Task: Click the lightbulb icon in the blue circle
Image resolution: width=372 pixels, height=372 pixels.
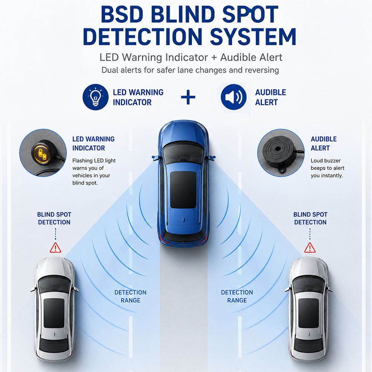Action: coord(95,97)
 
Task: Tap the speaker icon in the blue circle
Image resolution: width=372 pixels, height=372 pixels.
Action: coord(234,97)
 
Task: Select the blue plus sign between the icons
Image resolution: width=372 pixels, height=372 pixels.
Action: coord(188,97)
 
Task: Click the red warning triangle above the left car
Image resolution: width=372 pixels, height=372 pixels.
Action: coord(55,248)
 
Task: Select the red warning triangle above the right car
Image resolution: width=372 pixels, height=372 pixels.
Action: coord(310,248)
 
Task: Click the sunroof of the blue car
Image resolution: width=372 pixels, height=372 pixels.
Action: coord(183,190)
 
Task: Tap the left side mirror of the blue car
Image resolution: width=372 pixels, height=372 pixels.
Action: coord(155,157)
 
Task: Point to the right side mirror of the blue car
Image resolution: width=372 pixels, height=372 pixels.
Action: coord(212,157)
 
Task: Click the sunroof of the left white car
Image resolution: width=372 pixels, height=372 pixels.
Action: coord(54,313)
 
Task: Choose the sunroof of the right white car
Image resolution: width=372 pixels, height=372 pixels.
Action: coord(308,313)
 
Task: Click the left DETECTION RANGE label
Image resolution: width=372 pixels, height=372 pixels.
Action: coord(131,296)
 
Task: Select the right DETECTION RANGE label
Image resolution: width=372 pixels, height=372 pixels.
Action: coord(237,296)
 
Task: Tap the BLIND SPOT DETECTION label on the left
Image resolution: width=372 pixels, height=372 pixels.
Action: coord(54,218)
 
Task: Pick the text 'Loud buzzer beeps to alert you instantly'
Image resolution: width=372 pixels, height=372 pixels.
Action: coord(327,168)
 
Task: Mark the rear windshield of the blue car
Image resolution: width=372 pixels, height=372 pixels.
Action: coord(183,234)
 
